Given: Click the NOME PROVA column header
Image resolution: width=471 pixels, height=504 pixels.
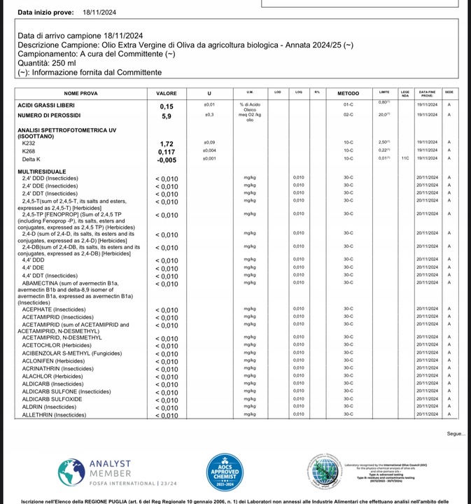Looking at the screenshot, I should click(x=80, y=93).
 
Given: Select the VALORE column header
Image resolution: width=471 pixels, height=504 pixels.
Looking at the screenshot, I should click(x=167, y=93).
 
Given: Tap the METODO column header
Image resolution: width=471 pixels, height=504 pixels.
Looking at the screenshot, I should click(x=348, y=93).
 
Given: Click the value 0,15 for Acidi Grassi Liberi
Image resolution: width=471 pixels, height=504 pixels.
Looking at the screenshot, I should click(x=167, y=106).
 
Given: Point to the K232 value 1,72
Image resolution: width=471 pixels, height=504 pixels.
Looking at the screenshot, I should click(x=167, y=143).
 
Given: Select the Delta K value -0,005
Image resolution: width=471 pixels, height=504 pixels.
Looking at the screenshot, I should click(x=167, y=160).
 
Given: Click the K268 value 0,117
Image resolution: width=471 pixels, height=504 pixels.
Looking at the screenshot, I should click(x=167, y=151).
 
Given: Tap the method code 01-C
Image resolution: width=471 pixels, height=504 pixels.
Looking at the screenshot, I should click(x=348, y=104).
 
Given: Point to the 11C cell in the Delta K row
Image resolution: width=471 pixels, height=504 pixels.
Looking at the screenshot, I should click(x=405, y=158).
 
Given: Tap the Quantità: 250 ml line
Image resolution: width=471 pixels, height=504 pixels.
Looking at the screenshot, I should click(x=46, y=63).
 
